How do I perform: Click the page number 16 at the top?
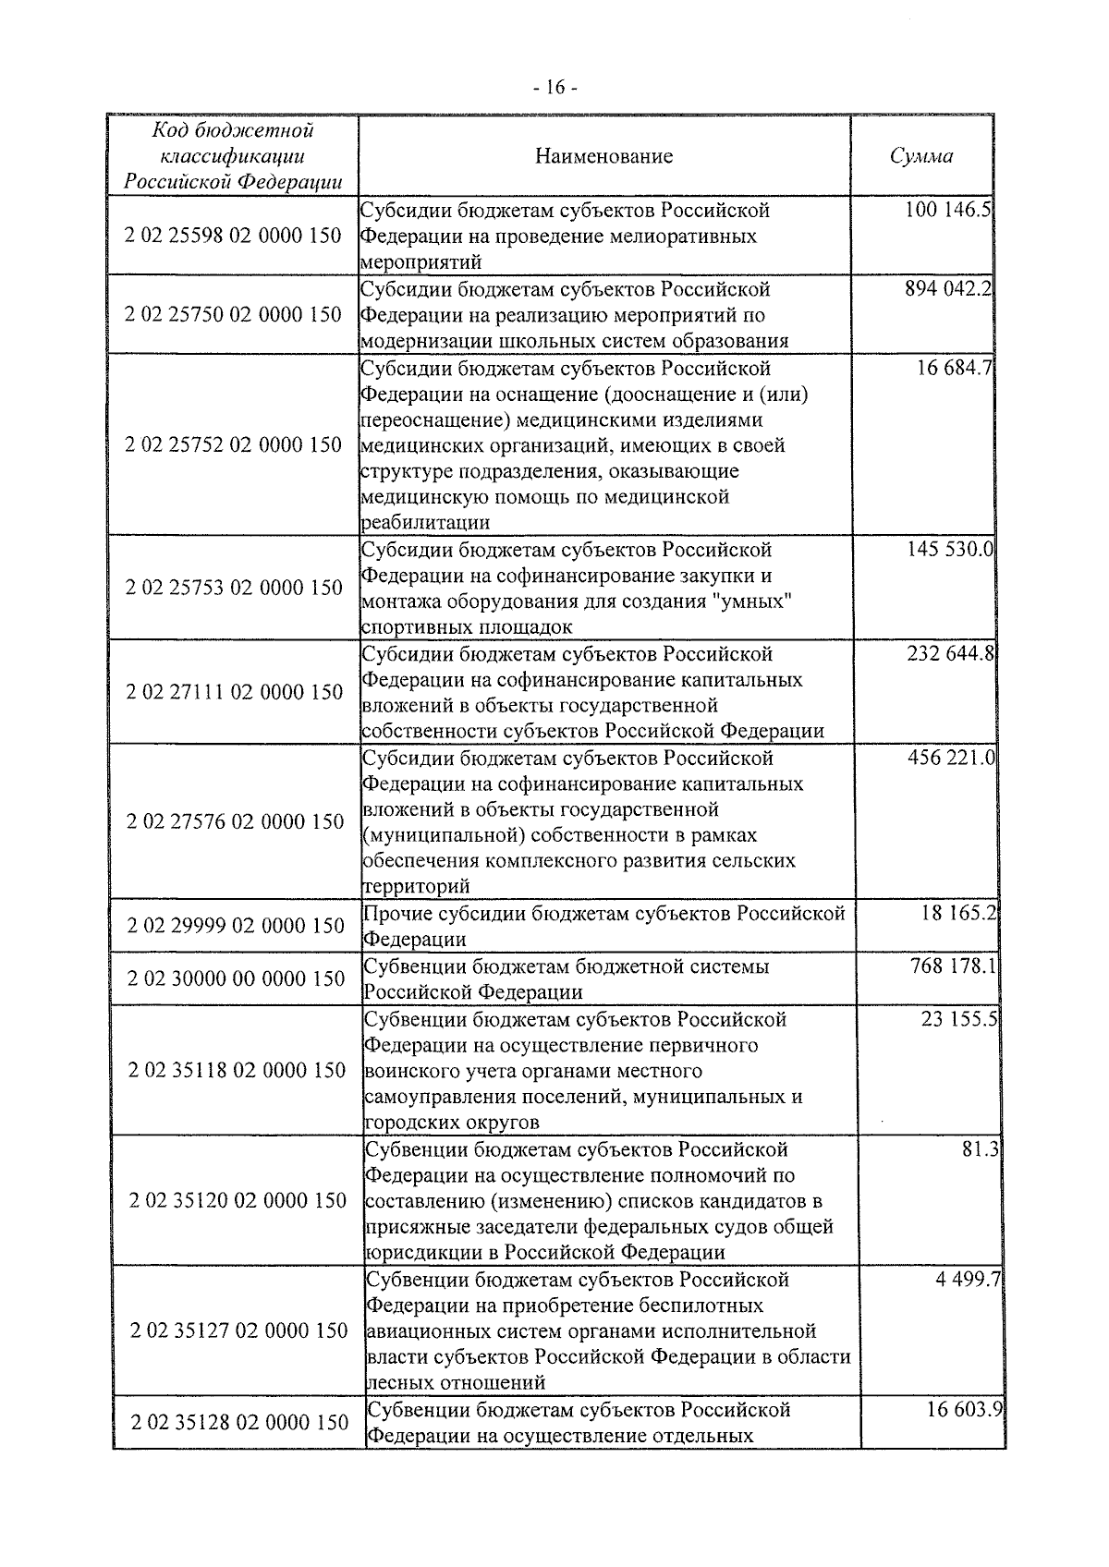[554, 88]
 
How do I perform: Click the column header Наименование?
[603, 155]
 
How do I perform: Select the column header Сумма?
[921, 155]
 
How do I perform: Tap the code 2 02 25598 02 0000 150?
[233, 236]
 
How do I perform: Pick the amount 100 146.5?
[948, 210]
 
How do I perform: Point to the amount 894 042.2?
[948, 288]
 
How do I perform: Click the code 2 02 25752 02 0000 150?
[233, 444]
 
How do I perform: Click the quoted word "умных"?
[762, 601]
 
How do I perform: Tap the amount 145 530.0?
[948, 550]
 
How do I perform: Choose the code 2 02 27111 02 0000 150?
[234, 691]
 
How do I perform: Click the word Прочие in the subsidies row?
[396, 914]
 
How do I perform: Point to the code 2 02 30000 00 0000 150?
[236, 978]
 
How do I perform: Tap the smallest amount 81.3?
[981, 1150]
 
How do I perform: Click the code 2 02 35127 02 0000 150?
[238, 1330]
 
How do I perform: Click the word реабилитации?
[426, 522]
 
